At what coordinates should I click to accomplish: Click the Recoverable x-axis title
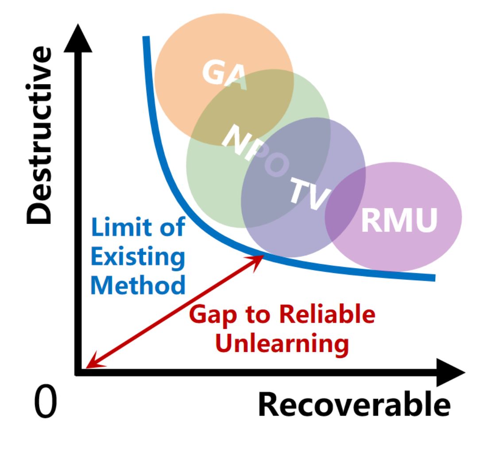coord(354,404)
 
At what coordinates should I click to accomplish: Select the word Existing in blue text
coord(138,257)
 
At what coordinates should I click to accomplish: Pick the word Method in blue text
coord(138,285)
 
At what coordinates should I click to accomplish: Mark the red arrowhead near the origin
coord(91,364)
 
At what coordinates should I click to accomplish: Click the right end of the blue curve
coord(433,278)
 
